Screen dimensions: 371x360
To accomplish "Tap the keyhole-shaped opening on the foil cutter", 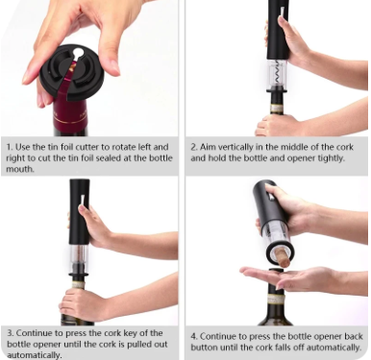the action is tap(78, 54).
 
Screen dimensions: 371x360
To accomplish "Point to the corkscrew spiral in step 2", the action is tap(277, 73).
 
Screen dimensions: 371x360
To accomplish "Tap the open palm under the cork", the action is tap(282, 277).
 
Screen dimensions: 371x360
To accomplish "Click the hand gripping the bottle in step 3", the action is tap(84, 304).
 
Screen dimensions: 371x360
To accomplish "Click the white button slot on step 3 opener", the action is tap(82, 200).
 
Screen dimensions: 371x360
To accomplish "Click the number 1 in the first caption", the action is tap(9, 147).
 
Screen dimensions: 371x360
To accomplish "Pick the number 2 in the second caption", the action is tap(193, 147).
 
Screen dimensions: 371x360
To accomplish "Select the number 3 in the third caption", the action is tap(11, 333).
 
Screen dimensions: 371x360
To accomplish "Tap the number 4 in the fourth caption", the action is tap(193, 337).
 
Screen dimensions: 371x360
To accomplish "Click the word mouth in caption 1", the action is tap(20, 169).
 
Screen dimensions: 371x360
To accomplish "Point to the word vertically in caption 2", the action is tap(235, 147).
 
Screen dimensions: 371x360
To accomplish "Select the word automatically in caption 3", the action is tap(34, 355).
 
